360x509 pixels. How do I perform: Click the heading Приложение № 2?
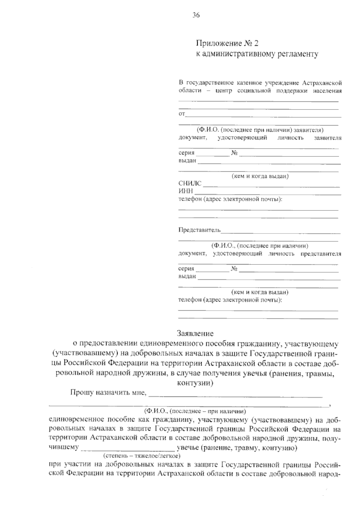point(227,44)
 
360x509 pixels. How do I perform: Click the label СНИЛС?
point(190,184)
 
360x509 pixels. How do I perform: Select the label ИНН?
point(186,191)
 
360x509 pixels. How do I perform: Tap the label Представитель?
point(199,230)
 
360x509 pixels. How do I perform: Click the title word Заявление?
point(195,333)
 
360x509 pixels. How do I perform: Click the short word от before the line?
point(182,114)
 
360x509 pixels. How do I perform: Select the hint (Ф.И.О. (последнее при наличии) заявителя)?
point(260,130)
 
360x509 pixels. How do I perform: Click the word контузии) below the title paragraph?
point(195,383)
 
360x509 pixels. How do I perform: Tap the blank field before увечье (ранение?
point(127,450)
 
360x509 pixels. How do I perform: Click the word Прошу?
point(81,393)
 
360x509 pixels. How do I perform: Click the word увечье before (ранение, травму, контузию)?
point(188,448)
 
